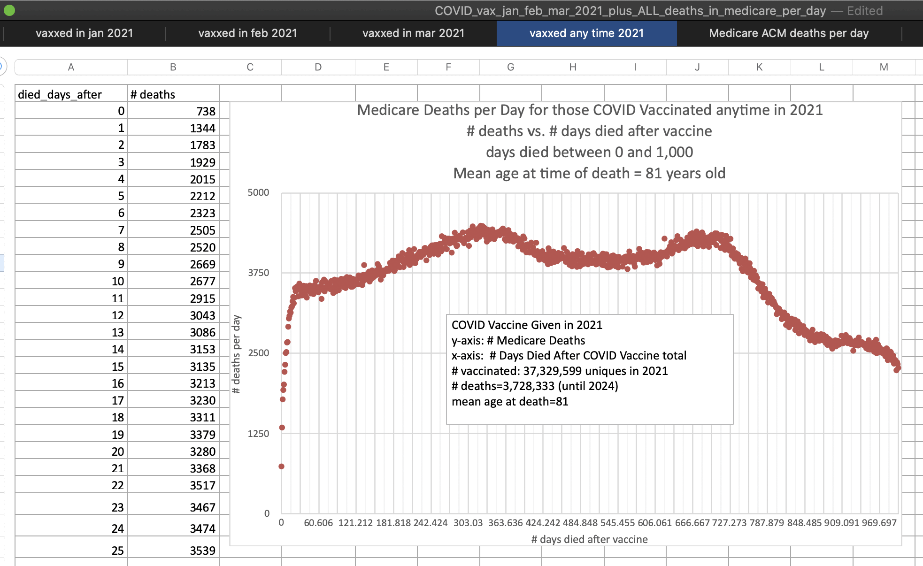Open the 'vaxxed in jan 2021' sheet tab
coord(85,33)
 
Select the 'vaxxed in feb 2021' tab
coord(247,33)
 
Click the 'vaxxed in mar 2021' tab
coord(413,33)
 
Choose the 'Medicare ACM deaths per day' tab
coord(789,33)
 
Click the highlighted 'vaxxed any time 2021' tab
coord(586,33)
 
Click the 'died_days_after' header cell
coord(60,94)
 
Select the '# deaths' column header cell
coord(153,94)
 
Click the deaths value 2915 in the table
coord(202,298)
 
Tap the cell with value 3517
coord(202,485)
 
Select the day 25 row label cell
coord(118,551)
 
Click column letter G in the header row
coord(510,67)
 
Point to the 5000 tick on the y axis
coord(258,192)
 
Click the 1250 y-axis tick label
coord(258,434)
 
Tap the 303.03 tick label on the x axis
coord(468,523)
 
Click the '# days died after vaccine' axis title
coord(589,539)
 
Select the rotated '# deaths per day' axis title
coord(236,354)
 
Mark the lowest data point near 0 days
coord(281,467)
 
